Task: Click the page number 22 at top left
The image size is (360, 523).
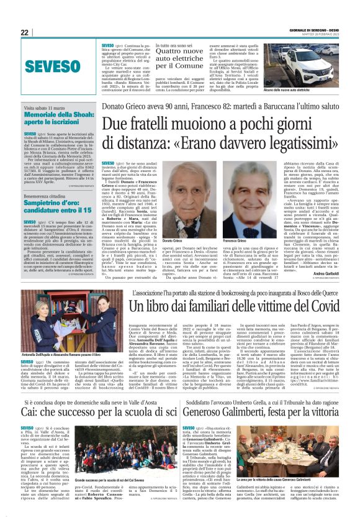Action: click(x=24, y=32)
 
